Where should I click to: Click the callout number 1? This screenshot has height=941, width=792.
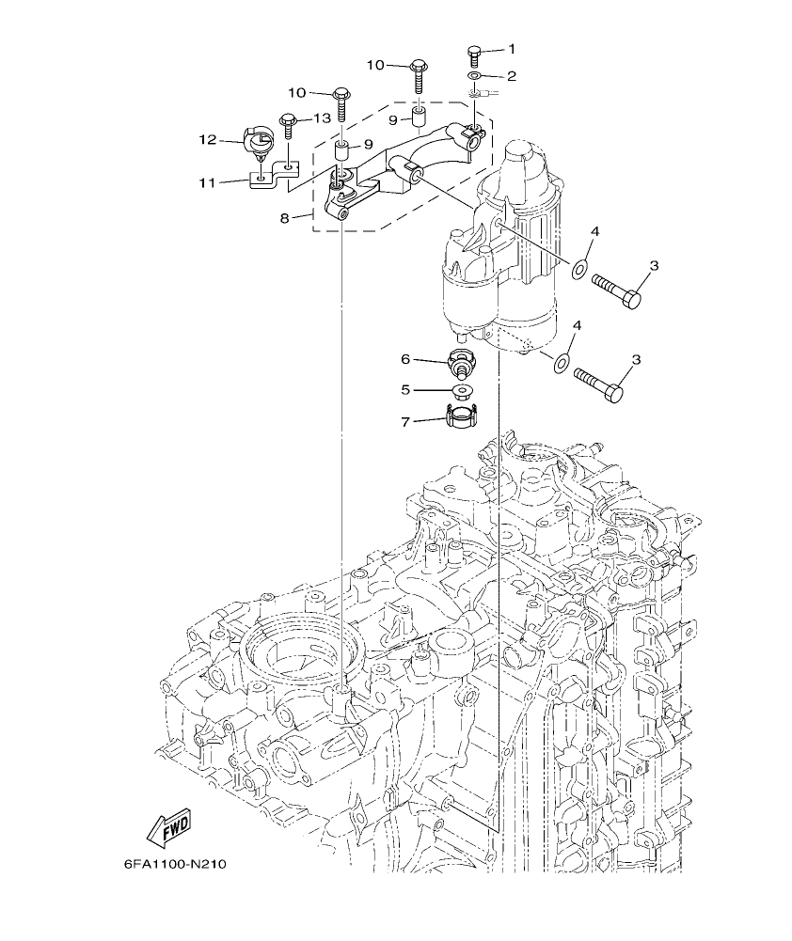(x=512, y=49)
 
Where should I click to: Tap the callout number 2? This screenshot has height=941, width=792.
(x=512, y=75)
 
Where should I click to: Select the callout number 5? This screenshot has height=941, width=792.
(x=406, y=388)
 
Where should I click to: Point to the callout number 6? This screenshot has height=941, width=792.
(x=406, y=358)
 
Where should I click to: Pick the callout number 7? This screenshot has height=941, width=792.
(x=406, y=422)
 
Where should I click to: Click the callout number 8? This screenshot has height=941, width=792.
(x=284, y=218)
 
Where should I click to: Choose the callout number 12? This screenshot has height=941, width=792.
(x=207, y=140)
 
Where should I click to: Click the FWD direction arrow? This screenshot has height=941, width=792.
(x=168, y=827)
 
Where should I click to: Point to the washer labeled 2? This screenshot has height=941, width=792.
(x=476, y=75)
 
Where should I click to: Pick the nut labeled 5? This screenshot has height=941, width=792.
(x=462, y=389)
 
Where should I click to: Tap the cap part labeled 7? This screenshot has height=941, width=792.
(x=462, y=416)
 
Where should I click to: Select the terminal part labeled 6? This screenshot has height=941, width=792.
(x=462, y=361)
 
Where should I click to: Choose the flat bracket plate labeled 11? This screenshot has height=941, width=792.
(x=274, y=175)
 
